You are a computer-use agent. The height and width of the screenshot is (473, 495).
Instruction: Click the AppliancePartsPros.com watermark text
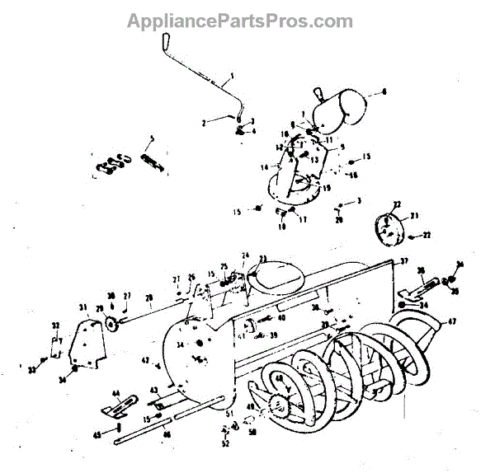tap(239, 21)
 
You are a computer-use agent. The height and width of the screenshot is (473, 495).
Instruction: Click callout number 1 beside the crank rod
tap(233, 76)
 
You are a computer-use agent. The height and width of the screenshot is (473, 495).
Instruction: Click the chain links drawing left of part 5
tap(112, 164)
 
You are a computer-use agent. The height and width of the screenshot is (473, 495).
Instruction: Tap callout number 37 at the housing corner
tap(404, 261)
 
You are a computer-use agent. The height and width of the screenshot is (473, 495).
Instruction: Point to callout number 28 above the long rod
tap(149, 297)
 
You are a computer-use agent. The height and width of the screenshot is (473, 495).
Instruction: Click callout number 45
tap(97, 433)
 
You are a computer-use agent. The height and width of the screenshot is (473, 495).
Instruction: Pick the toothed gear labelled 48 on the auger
tap(277, 407)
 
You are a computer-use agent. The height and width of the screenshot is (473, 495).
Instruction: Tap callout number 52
tap(225, 444)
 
